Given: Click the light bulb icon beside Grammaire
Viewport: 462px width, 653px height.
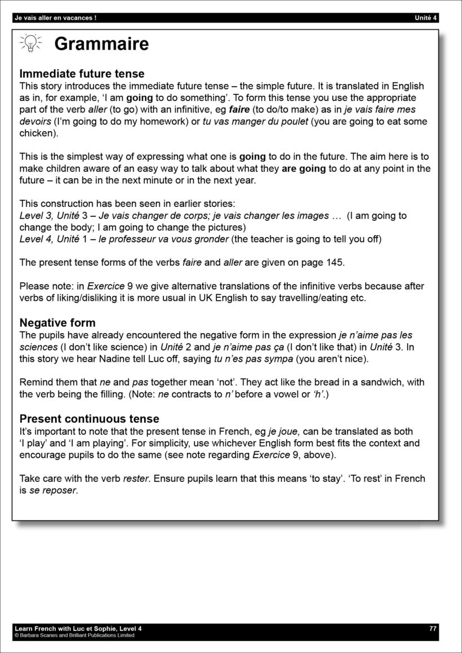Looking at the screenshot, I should (30, 43).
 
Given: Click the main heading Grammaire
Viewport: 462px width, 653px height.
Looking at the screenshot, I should (101, 44).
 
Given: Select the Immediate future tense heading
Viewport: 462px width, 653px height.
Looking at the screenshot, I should (82, 74).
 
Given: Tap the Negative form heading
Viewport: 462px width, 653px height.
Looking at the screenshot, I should (57, 323).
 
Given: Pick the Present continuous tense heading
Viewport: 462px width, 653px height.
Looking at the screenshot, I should (89, 419).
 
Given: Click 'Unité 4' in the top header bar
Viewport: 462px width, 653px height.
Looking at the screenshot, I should (425, 18).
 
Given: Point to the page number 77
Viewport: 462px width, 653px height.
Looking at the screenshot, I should (433, 628).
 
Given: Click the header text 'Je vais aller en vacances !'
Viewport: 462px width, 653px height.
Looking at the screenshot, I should (55, 18).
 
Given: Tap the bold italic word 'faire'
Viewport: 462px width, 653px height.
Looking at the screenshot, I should (239, 110).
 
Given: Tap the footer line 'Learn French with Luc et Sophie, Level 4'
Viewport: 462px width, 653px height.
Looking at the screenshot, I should (78, 628).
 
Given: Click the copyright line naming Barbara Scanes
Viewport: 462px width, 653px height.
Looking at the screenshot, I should (74, 636).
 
